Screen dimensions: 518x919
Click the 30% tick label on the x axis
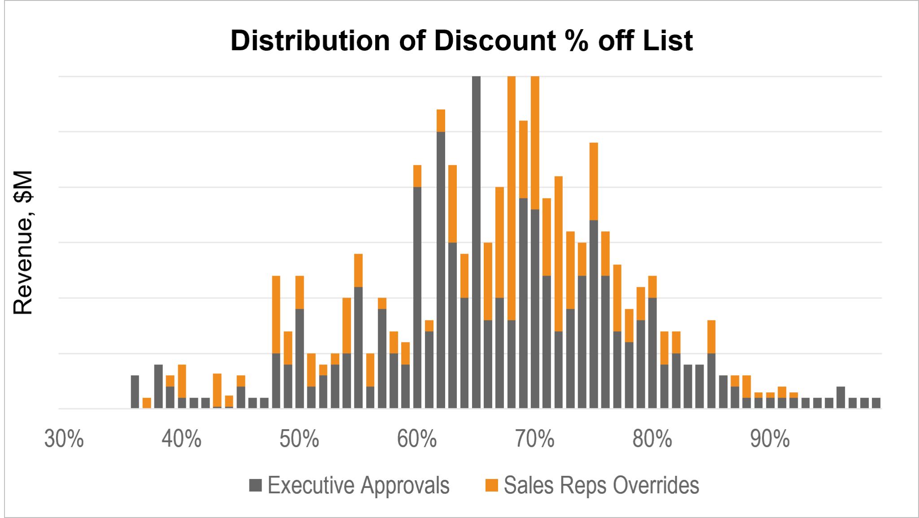(64, 439)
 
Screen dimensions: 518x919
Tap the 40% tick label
(181, 439)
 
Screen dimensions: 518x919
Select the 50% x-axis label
(299, 439)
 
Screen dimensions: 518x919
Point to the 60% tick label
(416, 439)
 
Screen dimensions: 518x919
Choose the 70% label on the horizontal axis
(534, 439)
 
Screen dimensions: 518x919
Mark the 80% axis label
(652, 439)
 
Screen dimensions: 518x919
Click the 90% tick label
(770, 439)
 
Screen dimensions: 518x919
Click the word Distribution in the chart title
(310, 40)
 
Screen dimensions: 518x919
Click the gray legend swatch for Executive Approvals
(255, 485)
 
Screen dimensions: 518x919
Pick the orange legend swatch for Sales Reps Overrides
(492, 485)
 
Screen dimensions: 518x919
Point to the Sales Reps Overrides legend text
(601, 485)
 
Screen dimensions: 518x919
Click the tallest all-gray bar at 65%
(476, 242)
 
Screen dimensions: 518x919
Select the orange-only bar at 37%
(147, 403)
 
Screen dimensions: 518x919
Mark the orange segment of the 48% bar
(276, 314)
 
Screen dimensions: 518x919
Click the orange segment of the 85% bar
(711, 337)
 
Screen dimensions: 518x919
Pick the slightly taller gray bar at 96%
(840, 397)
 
